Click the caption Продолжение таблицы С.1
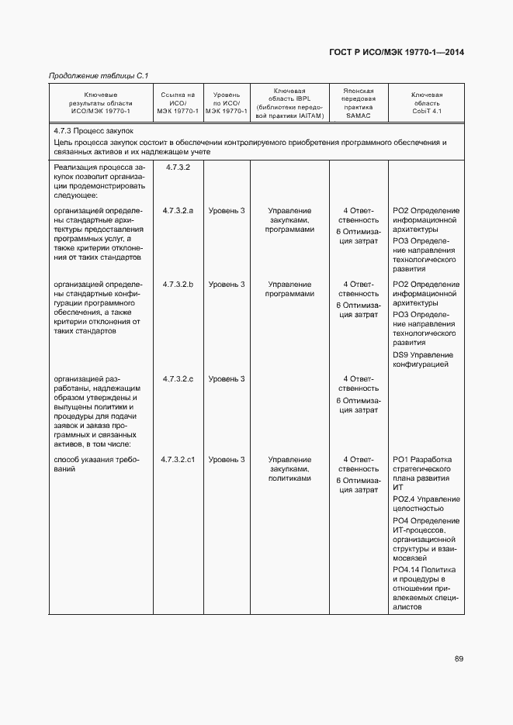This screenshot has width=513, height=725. [99, 75]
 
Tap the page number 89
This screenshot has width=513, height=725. [459, 659]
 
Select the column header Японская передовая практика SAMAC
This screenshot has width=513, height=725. [359, 102]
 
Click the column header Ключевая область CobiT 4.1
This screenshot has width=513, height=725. [426, 102]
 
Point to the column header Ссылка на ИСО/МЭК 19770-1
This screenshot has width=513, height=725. [178, 102]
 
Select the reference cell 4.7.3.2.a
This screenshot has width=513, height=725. [178, 211]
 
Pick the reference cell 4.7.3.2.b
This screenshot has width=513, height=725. [178, 285]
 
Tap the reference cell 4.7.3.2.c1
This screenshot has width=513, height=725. [178, 460]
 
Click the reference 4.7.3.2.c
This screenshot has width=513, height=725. [178, 378]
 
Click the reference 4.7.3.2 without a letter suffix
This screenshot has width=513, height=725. [178, 167]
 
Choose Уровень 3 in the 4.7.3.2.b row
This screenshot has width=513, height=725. [227, 285]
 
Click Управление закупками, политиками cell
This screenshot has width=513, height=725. [289, 469]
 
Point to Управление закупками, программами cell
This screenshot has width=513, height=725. [289, 220]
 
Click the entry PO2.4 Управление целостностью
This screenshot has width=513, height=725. [426, 503]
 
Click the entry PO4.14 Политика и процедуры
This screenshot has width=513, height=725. [424, 589]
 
